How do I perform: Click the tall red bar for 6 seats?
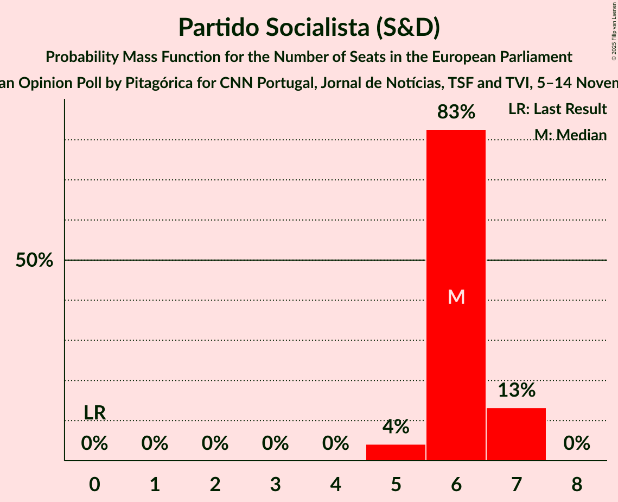click(456, 217)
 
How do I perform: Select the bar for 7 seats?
click(516, 434)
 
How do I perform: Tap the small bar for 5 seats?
click(396, 453)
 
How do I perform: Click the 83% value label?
click(456, 112)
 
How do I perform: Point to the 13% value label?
click(517, 390)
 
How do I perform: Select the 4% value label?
click(396, 427)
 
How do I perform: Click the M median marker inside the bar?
click(456, 297)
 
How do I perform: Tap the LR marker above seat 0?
click(94, 413)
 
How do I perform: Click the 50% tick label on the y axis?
click(34, 261)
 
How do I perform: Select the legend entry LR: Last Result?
click(557, 109)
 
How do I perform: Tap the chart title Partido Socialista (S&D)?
click(309, 27)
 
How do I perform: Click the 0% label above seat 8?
click(576, 444)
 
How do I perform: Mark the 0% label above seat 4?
click(335, 444)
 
